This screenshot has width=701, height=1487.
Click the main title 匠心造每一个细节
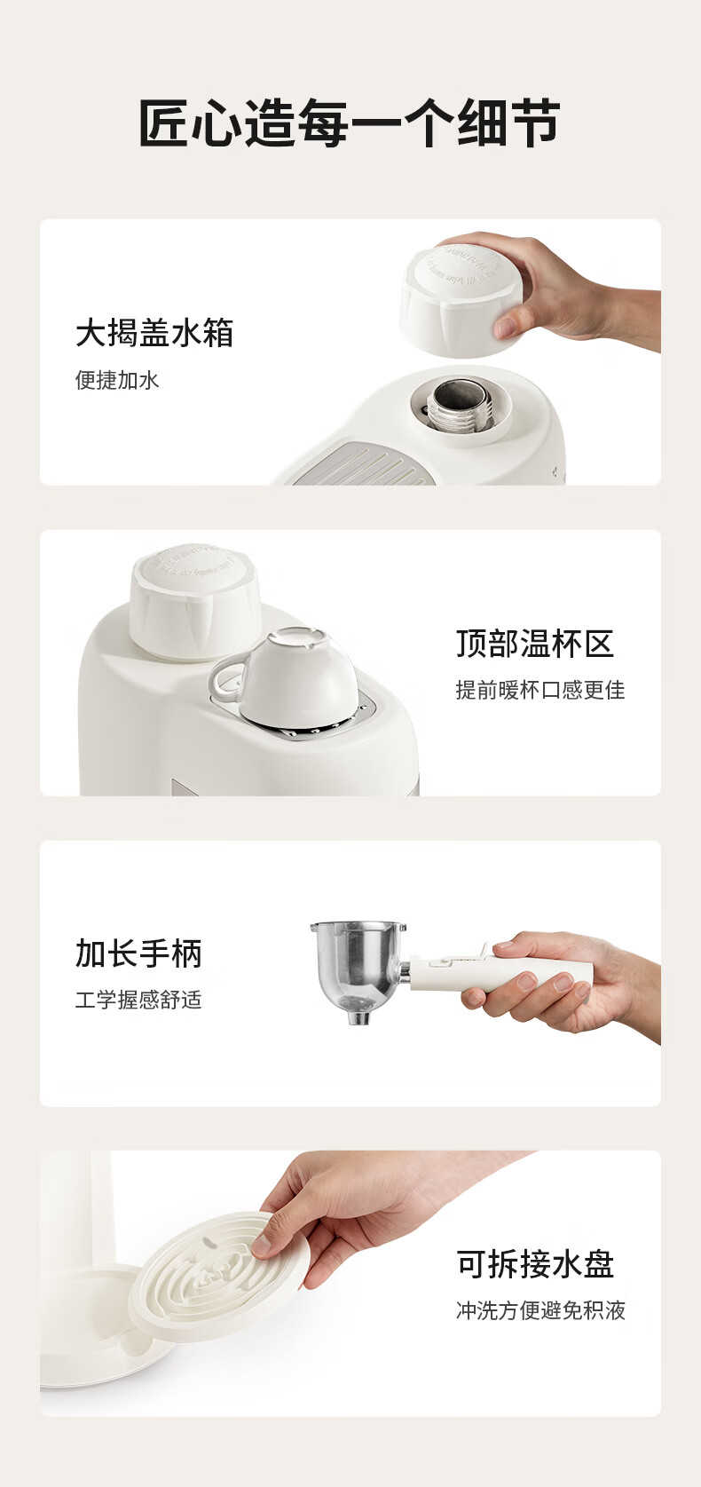point(350,123)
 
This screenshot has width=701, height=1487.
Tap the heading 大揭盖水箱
point(154,333)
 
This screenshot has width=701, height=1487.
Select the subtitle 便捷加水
point(117,380)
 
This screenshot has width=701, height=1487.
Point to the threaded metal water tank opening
point(460,402)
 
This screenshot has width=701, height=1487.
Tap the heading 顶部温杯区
point(534,644)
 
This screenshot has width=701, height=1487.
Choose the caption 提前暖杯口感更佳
point(540,691)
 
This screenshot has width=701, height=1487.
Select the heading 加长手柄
point(138,953)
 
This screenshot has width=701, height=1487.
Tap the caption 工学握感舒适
point(138,1000)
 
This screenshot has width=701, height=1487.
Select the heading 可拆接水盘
point(534,1264)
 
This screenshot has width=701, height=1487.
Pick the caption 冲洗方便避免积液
point(540,1310)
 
